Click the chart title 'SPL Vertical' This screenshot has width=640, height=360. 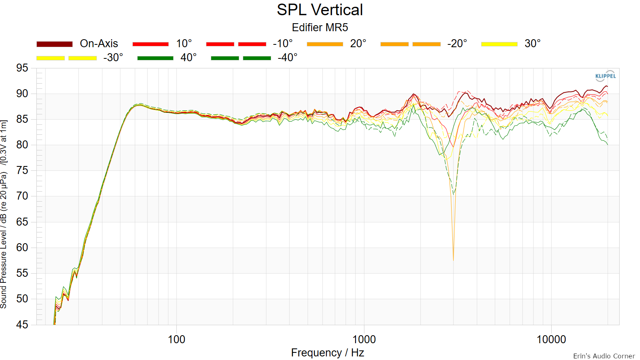coord(320,10)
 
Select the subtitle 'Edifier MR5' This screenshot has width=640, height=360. coord(320,28)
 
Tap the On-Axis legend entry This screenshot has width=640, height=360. coord(77,44)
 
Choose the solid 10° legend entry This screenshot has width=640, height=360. coord(162,44)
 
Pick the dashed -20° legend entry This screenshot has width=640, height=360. coord(424,44)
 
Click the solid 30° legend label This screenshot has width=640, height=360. coord(532,44)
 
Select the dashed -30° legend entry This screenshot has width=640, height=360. coord(80,58)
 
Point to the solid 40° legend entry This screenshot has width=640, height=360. coord(167,58)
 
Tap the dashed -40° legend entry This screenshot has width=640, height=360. coord(254,58)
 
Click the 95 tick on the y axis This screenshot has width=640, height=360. coord(22,68)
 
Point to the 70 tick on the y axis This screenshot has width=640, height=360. coord(22,196)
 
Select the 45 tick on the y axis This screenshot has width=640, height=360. coord(22,324)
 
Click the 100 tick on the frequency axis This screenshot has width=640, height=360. coord(176,340)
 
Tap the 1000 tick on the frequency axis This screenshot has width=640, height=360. coord(364,340)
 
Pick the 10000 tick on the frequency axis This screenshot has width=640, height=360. coord(551,340)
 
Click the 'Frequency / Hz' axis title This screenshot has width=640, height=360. coord(328,353)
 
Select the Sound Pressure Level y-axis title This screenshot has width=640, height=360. coord(4,214)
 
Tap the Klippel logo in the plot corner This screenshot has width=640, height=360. coord(606,76)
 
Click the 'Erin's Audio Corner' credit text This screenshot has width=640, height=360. coord(604,356)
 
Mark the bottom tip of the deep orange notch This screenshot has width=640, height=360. coord(453,260)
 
